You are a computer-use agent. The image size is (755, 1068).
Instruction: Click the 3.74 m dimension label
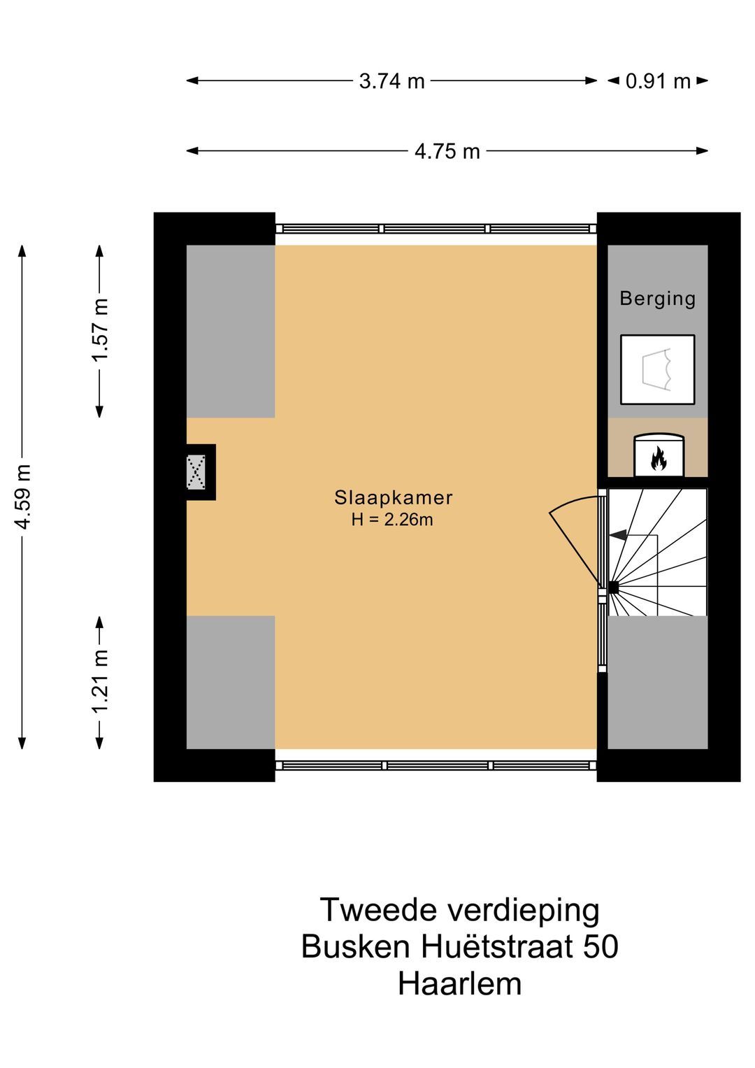coord(391,82)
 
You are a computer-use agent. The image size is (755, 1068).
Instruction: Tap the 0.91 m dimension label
coord(658,82)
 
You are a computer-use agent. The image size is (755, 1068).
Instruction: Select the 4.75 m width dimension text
coord(447,152)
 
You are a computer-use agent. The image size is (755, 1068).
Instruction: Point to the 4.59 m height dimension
coord(23,497)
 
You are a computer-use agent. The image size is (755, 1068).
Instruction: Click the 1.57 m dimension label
coord(101,330)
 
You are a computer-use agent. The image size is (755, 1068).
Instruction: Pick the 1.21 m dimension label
coord(101,681)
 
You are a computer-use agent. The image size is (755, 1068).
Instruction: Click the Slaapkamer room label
coord(393,498)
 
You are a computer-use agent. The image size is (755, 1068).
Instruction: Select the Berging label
coord(657,299)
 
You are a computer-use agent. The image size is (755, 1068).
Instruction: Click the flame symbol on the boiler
coord(659,458)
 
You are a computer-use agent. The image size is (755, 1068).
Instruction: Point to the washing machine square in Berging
coord(657,369)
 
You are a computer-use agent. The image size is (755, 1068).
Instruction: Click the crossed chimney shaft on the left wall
coord(196,472)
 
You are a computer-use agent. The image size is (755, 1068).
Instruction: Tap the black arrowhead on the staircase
coord(618,535)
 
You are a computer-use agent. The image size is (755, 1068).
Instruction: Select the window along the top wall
coord(436,229)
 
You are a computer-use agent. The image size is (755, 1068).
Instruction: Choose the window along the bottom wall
coord(436,765)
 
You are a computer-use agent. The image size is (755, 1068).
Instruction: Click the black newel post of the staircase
coord(613,588)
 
